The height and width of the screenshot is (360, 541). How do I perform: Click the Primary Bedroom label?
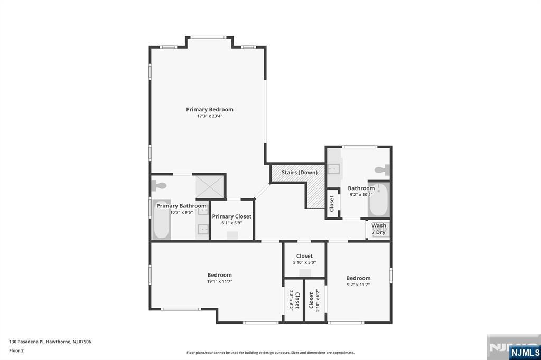point(209,109)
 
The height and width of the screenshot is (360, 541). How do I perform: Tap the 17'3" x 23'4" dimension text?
point(209,116)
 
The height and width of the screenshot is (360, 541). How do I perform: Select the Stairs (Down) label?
point(299,173)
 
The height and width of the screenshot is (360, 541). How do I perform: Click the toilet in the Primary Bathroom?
point(158,185)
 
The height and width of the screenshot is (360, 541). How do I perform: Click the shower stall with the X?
point(210,186)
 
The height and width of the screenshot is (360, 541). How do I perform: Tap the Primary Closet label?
point(232,216)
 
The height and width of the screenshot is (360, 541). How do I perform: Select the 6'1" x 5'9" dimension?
point(232,223)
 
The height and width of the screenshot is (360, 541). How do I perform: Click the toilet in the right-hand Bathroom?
point(381,170)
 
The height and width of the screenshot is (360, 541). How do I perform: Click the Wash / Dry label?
point(379,229)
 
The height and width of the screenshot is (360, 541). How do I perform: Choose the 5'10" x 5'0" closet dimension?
point(304,262)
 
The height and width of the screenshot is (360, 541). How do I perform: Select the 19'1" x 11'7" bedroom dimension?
point(219,281)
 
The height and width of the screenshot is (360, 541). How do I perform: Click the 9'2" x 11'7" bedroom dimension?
point(358,285)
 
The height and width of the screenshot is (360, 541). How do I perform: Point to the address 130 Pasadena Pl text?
point(50,342)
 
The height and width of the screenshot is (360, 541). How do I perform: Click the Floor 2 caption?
point(16,350)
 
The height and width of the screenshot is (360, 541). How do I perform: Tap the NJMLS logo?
point(525,352)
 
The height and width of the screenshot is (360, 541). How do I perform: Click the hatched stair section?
point(315,195)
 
